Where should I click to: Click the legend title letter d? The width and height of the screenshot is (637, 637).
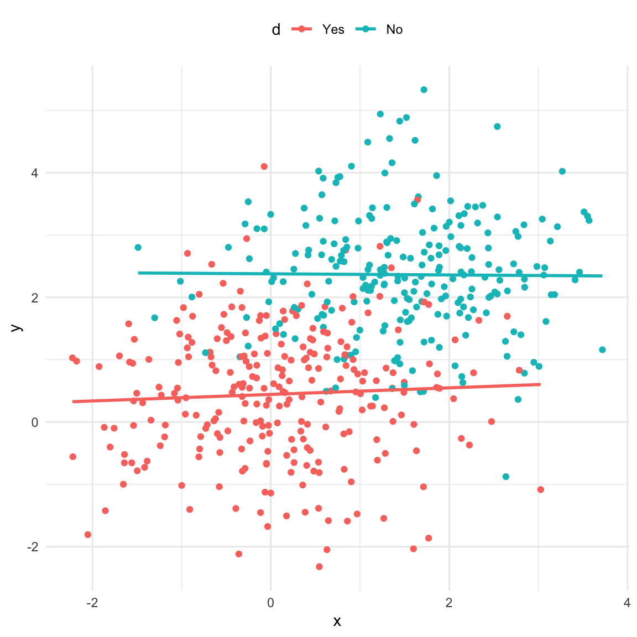276,29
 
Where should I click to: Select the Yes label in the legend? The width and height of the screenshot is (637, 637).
333,29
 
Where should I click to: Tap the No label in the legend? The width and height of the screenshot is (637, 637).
394,29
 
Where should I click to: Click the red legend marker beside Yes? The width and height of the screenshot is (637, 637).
301,29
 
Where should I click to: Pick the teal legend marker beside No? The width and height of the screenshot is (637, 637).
366,29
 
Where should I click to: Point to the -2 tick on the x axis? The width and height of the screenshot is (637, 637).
92,603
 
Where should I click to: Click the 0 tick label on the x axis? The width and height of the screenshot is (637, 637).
270,603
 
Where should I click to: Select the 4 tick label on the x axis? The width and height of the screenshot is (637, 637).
627,603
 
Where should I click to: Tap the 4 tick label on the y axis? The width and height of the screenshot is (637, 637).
34,173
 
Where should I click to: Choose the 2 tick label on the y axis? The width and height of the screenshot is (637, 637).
34,297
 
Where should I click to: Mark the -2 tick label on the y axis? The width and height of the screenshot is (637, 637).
32,547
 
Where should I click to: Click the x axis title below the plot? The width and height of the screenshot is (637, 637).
337,622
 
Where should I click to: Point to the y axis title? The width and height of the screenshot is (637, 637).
17,327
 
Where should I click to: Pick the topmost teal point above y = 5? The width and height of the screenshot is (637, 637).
424,90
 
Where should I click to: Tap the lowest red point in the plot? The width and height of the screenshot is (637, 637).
319,567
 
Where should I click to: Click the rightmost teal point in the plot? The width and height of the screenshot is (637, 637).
602,349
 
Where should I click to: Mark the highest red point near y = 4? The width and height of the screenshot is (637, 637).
264,166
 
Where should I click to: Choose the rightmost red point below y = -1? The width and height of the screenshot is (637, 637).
541,489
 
